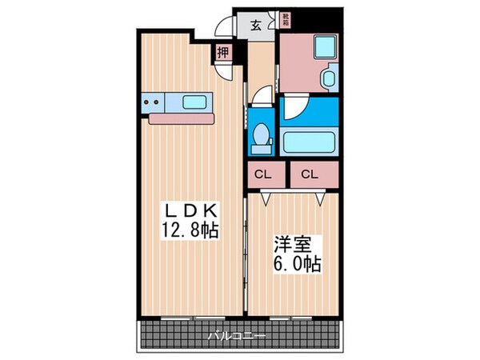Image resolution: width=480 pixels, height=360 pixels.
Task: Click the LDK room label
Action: click(191, 210)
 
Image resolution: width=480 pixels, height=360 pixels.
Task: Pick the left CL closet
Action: click(261, 174)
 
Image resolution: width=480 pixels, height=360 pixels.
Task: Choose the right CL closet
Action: click(310, 174)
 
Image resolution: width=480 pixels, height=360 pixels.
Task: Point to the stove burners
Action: click(151, 102)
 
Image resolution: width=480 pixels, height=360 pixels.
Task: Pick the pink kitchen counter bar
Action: click(181, 119)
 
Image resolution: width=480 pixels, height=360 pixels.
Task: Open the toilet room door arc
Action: click(258, 99)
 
